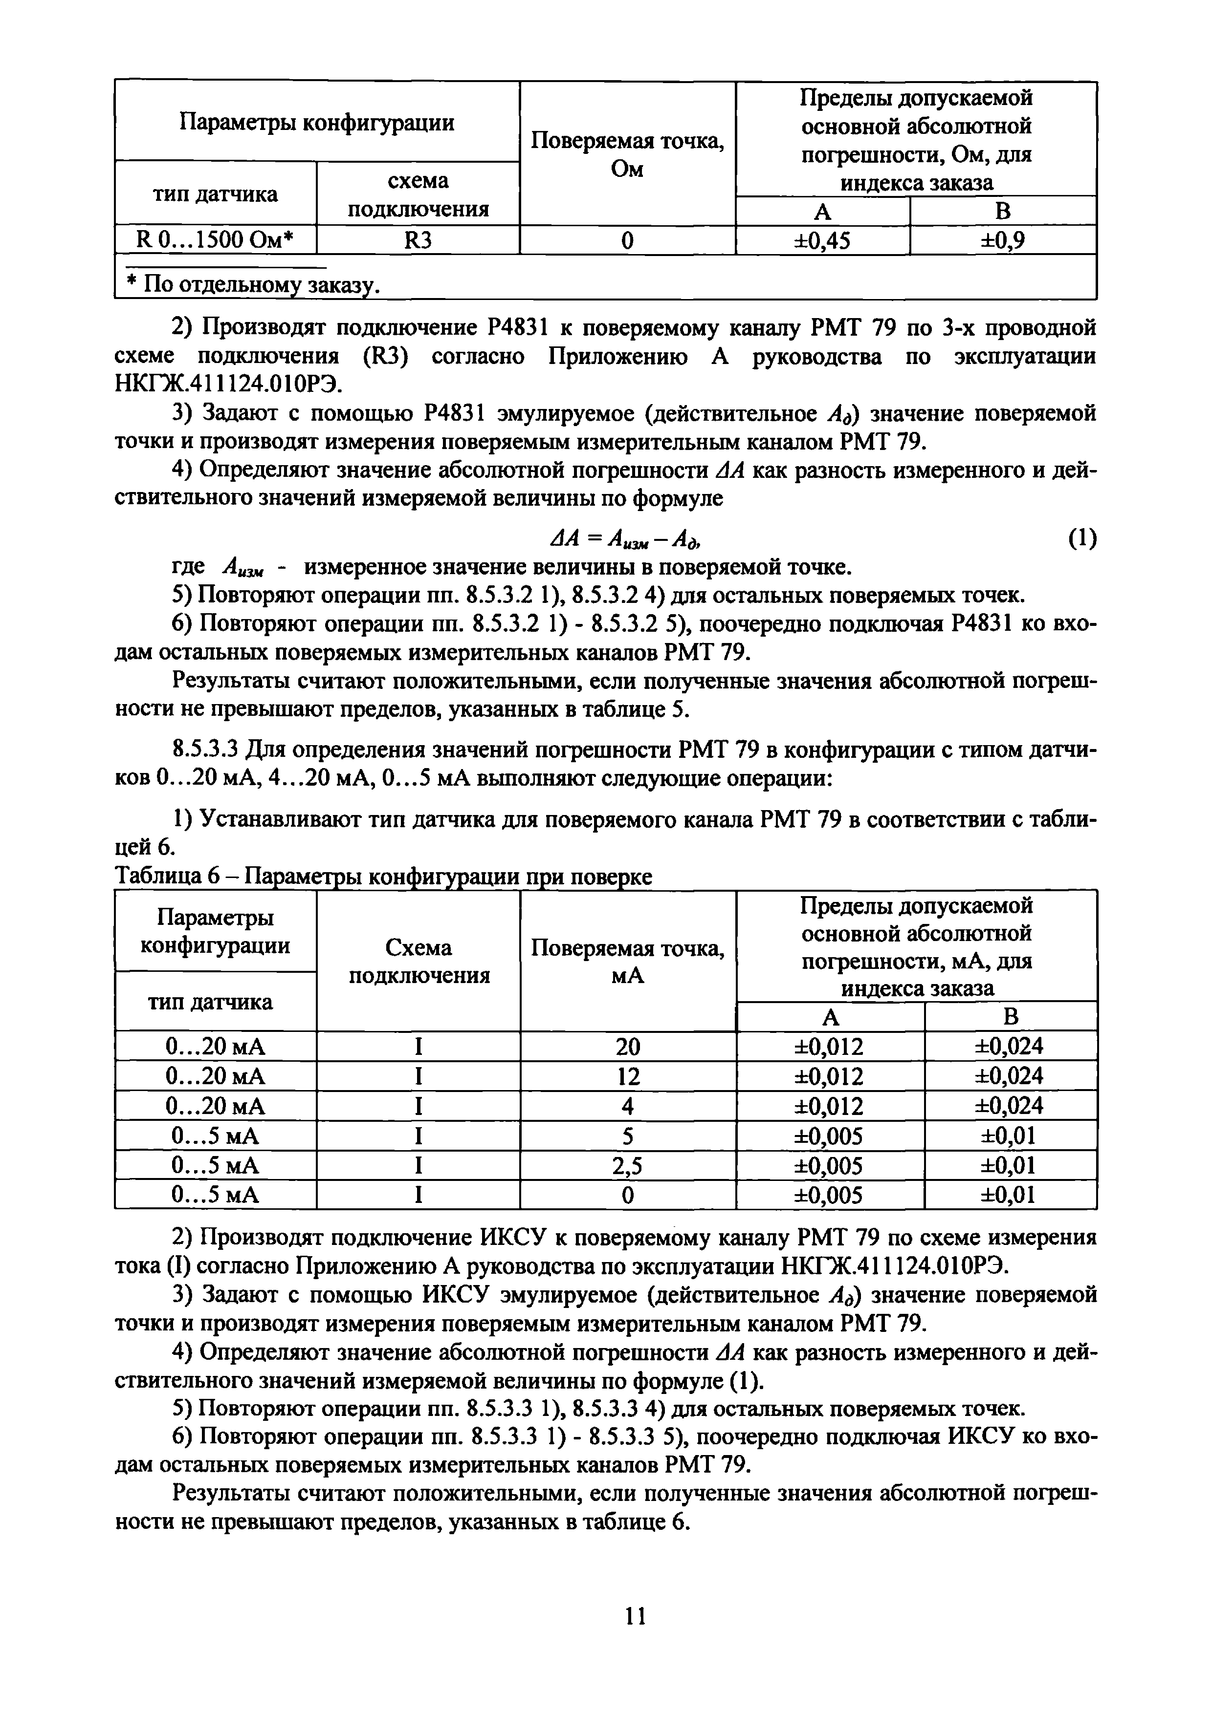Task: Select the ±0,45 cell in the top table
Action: coord(822,240)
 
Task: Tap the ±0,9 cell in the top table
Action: coord(1002,240)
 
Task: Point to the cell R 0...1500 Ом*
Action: coord(215,240)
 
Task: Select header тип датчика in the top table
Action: coord(215,194)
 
